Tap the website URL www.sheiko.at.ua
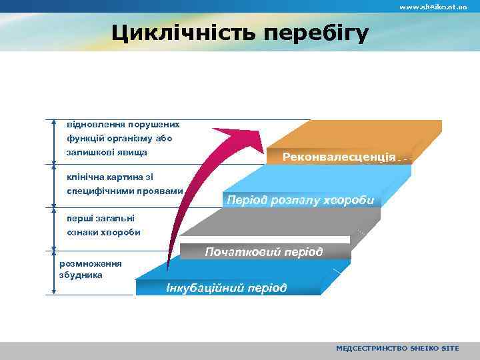pyautogui.click(x=433, y=7)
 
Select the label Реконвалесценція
pyautogui.click(x=339, y=157)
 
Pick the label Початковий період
pyautogui.click(x=264, y=252)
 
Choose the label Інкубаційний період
pyautogui.click(x=227, y=288)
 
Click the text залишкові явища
pyautogui.click(x=107, y=153)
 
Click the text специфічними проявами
pyautogui.click(x=125, y=191)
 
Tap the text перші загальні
pyautogui.click(x=100, y=218)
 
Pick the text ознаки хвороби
pyautogui.click(x=103, y=233)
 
